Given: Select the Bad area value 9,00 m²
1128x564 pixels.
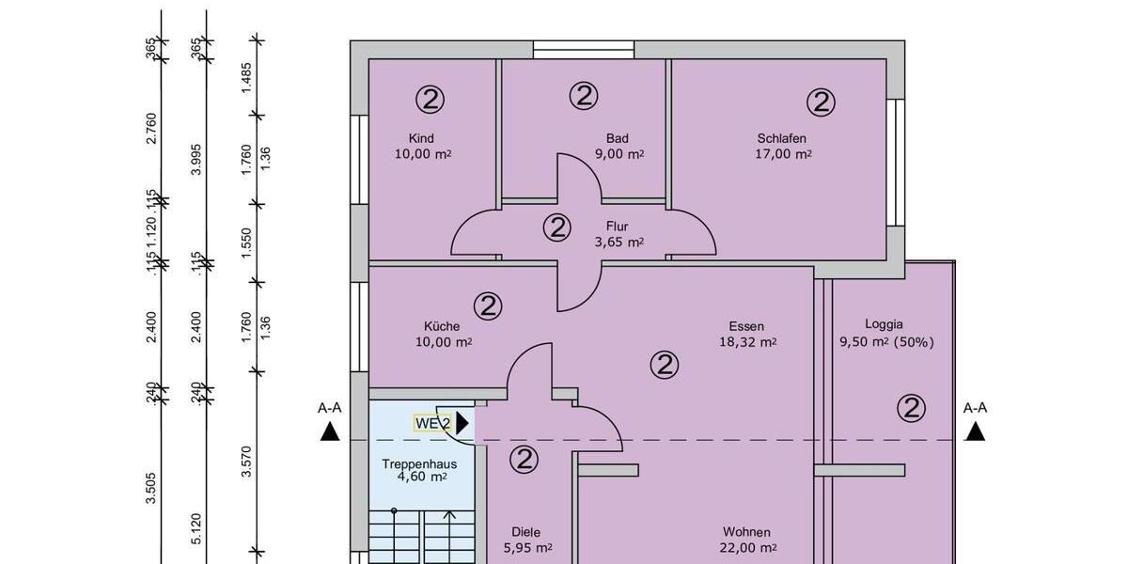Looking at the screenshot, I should pos(619,154).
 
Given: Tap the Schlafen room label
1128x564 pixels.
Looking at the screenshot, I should pos(782,138).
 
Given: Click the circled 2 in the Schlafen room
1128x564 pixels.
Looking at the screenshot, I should pos(821,102).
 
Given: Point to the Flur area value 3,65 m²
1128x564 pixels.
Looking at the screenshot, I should pos(619,242).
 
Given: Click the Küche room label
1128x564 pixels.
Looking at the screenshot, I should pos(442,326).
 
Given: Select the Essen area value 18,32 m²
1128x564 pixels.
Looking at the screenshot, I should pos(747,342).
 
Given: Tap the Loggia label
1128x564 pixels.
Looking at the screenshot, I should pos(884,324).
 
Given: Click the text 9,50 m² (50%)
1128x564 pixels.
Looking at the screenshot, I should pos(886,342).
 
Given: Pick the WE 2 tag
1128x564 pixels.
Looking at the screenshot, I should pos(433,423).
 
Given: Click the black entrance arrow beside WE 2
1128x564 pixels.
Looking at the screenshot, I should pos(462,423).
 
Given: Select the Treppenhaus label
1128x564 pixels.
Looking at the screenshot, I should pos(419,463).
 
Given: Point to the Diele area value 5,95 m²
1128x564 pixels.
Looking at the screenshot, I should pos(526,548).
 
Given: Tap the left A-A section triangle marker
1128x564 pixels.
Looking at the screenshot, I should pos(329,431).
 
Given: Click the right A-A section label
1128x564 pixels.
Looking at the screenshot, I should pos(976,408).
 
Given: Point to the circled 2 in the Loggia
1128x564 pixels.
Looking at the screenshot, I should pos(911,408).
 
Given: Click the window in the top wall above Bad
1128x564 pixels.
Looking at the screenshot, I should pos(584,50).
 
